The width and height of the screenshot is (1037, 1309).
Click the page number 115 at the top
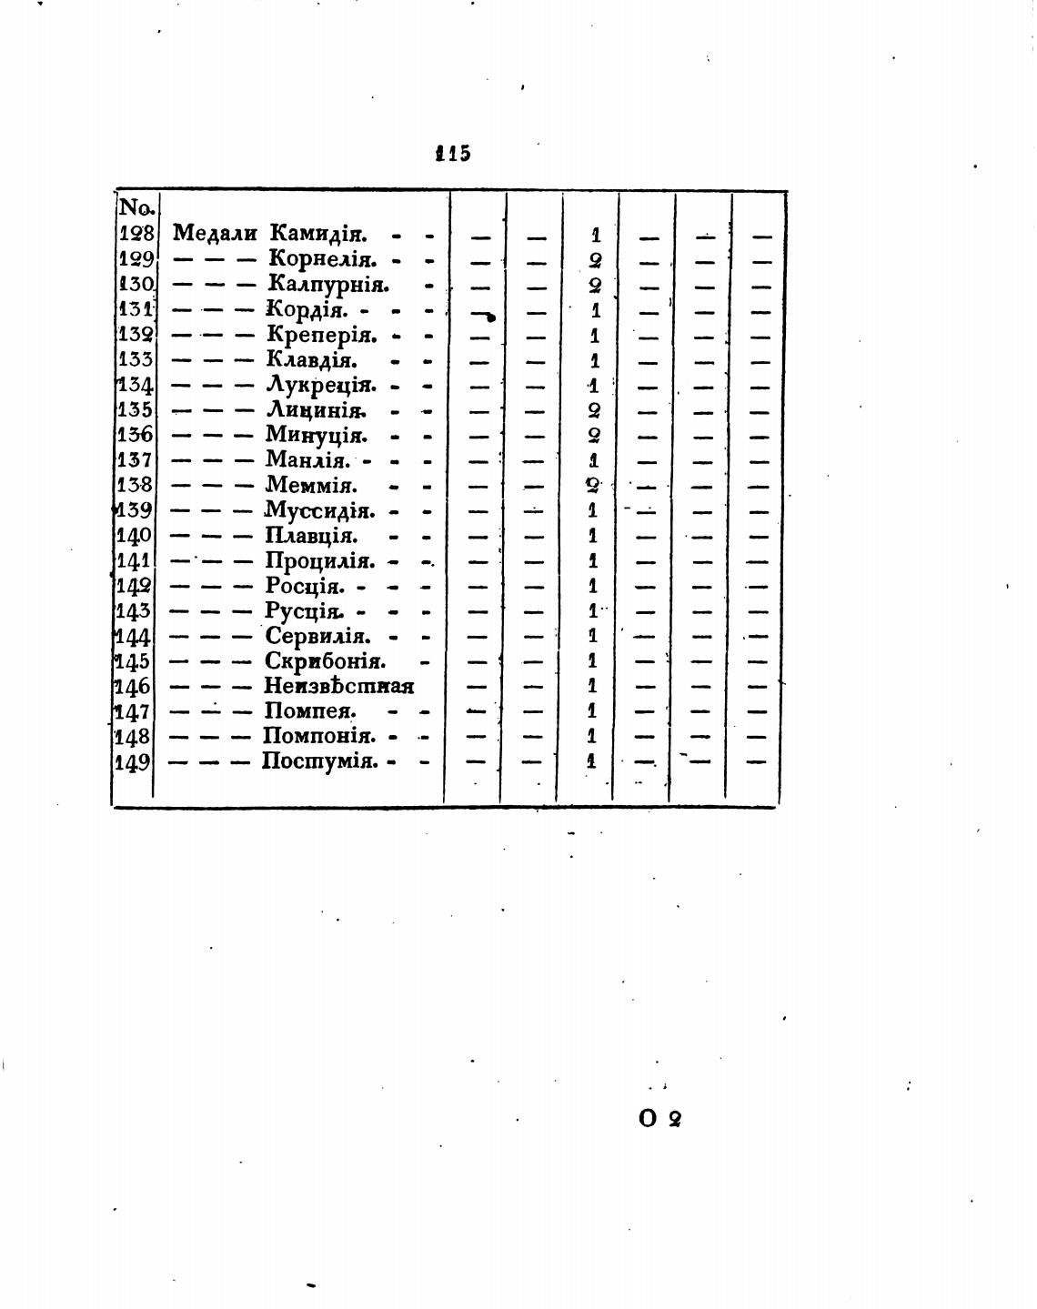tap(453, 153)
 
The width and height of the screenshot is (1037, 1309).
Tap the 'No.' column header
tap(136, 208)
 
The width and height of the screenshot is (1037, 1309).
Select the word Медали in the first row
tap(215, 234)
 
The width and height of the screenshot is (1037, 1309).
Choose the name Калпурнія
tap(328, 285)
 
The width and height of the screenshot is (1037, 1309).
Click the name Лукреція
tap(321, 386)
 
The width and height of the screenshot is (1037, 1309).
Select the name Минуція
tap(316, 436)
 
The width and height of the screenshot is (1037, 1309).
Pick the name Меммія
tap(311, 486)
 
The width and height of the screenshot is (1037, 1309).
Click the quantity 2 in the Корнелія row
tap(595, 260)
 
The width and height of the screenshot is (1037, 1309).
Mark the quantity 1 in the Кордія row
tap(595, 310)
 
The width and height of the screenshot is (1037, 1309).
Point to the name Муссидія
tap(319, 510)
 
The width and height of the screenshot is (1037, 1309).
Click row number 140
tap(134, 536)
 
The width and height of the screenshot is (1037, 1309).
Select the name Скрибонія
tap(325, 661)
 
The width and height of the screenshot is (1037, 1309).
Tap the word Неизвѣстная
tap(338, 686)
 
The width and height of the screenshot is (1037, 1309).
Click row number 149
tap(133, 761)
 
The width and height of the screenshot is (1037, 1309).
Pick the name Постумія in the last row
tap(319, 761)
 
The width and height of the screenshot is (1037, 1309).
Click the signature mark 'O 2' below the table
tap(660, 1119)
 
